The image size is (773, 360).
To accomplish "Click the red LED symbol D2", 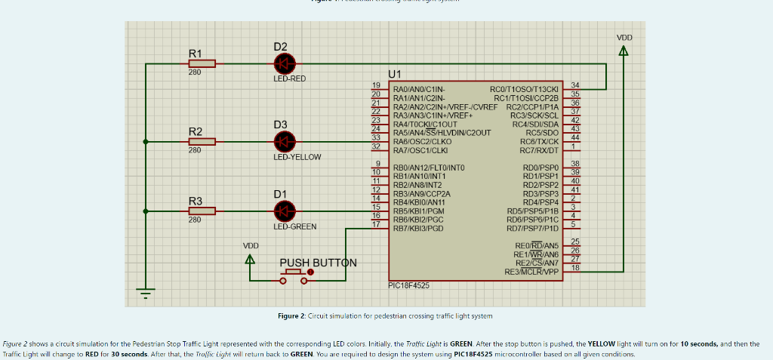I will coord(285,64).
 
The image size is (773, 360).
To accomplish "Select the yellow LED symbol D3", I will coord(285,140).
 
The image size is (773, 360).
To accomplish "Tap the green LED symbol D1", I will coord(285,211).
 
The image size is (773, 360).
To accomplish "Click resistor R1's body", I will coord(202,64).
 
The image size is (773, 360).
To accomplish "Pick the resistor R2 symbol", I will coord(202,141).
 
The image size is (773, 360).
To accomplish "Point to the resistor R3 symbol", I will coord(202,211).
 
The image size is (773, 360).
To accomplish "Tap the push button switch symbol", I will coord(294,278).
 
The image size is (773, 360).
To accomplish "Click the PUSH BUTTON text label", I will coord(318,263).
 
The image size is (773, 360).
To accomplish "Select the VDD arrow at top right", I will coord(624,51).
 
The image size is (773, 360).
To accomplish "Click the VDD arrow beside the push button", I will coord(251,259).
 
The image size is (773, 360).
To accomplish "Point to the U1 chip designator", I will coord(396,74).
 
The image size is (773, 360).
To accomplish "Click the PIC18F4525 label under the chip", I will coord(408,285).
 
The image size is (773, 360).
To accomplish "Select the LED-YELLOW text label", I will coord(297,157).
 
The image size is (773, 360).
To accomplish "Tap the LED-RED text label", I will coord(289,78).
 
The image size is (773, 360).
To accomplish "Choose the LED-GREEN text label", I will coord(294,226).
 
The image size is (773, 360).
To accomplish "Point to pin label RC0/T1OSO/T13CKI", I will coord(524,89).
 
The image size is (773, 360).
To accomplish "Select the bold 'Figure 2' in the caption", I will coord(291,315).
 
